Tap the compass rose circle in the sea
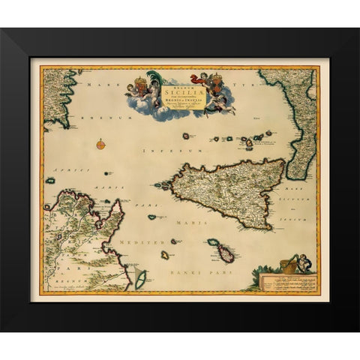(x=100, y=143)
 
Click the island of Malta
(x=224, y=254)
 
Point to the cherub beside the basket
(x=301, y=262)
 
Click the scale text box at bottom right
(x=289, y=282)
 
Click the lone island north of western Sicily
(x=186, y=136)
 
